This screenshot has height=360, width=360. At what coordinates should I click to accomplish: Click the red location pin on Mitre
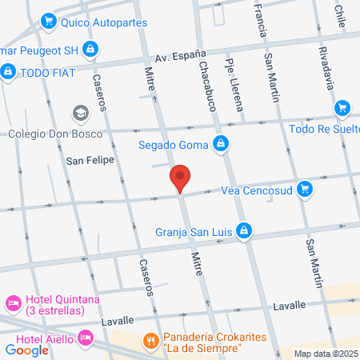(180, 178)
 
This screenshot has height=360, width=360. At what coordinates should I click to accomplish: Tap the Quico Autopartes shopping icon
(49, 22)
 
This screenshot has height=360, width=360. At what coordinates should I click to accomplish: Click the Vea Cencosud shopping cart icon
(304, 190)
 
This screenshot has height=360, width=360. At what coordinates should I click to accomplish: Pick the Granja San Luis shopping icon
(246, 234)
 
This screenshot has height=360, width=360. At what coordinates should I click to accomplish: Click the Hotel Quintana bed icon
(13, 303)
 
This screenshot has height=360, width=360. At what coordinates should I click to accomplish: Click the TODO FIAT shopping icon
(8, 72)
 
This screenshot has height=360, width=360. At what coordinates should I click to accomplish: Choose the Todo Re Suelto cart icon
(342, 108)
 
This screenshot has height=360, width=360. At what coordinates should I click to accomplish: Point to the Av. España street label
(175, 56)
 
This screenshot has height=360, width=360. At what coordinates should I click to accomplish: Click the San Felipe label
(86, 160)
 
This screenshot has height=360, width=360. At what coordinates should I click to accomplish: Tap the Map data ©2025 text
(326, 354)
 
